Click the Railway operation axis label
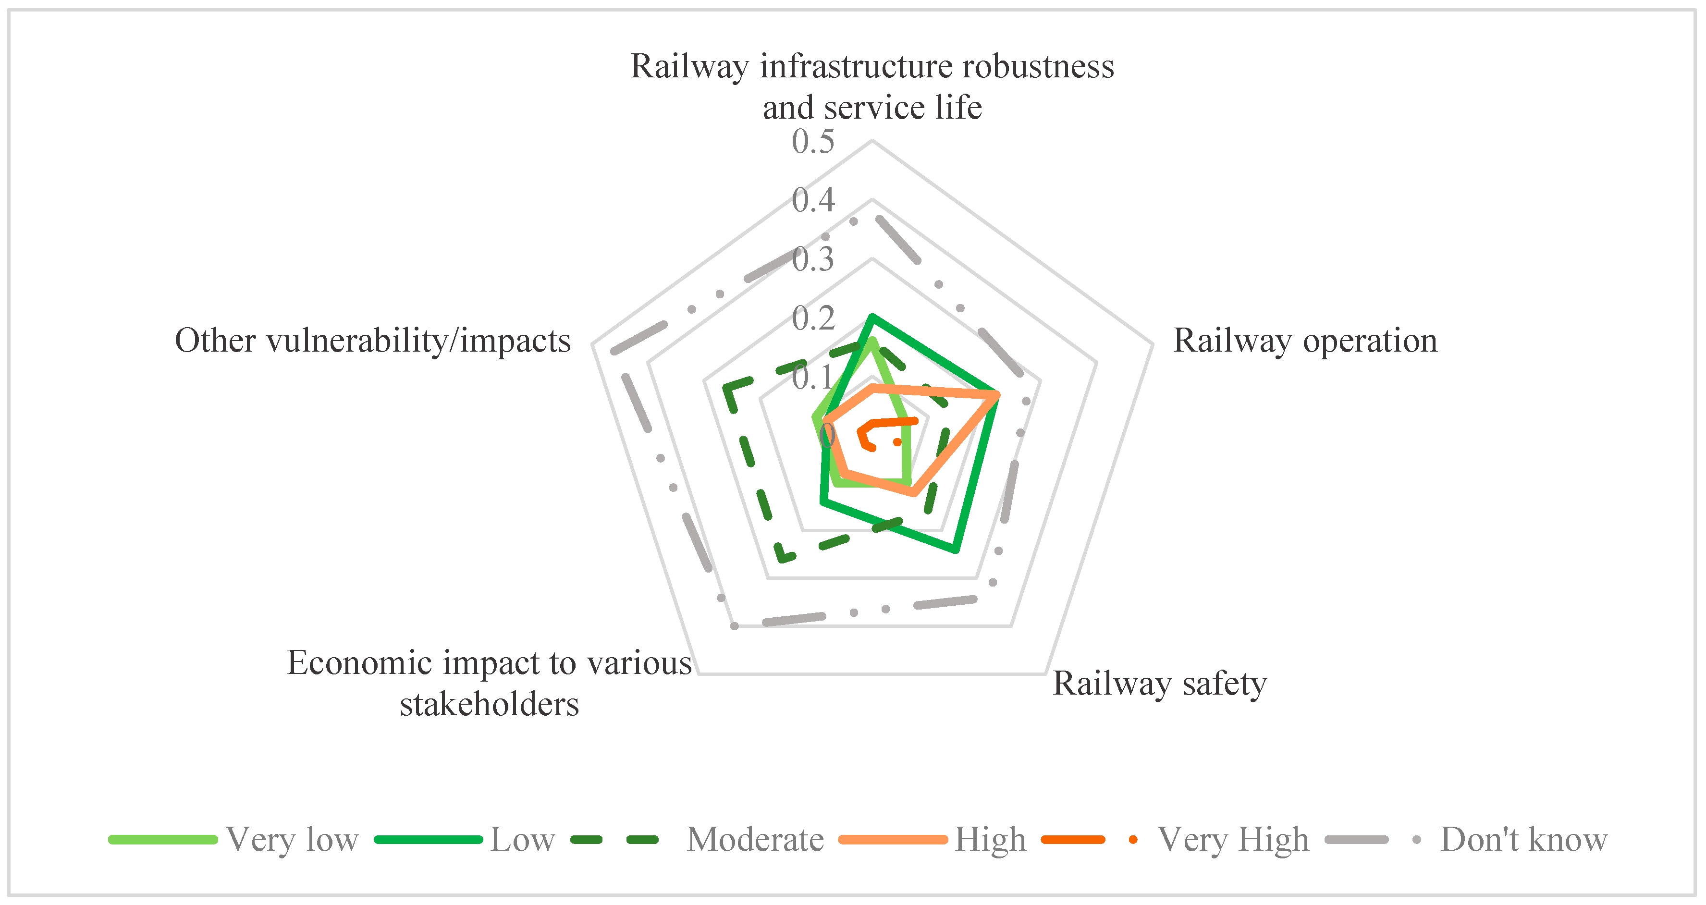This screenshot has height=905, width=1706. coord(1305,341)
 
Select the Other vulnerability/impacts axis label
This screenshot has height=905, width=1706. coord(372,341)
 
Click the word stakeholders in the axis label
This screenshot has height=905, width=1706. coord(490,704)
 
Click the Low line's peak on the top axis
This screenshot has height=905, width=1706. coord(872,317)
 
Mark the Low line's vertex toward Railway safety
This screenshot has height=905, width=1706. coord(955,550)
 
